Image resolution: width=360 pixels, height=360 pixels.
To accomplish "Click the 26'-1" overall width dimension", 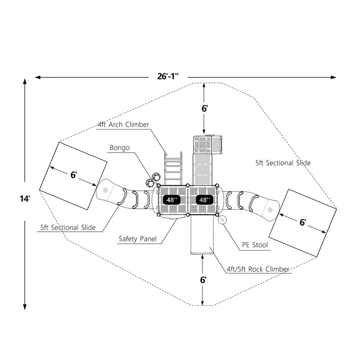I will [x=168, y=76].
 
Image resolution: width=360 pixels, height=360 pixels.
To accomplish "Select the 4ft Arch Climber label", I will [x=123, y=125].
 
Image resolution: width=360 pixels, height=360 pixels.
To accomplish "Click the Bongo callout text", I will [x=119, y=148].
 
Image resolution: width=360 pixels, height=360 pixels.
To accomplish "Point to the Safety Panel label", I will [x=138, y=239].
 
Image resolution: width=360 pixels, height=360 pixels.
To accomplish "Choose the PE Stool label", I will [x=255, y=245].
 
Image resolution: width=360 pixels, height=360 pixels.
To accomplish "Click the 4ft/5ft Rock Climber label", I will [x=258, y=269].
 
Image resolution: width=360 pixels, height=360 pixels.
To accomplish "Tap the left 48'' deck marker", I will [x=172, y=199].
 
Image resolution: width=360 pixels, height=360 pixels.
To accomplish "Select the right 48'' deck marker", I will [x=203, y=199].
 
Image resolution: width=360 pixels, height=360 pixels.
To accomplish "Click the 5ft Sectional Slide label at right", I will [x=283, y=163].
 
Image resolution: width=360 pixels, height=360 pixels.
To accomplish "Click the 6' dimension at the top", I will [x=204, y=108].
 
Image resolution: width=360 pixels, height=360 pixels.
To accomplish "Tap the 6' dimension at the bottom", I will [x=204, y=279].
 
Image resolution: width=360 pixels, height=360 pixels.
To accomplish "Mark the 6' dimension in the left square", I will [x=73, y=175].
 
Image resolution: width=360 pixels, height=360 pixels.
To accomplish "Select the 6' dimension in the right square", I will [x=303, y=222].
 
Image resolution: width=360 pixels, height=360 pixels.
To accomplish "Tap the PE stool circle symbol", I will [x=222, y=220].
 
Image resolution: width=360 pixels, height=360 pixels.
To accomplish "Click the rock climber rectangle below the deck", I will [x=202, y=235].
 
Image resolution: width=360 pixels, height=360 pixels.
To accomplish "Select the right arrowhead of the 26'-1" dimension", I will [x=333, y=77].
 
